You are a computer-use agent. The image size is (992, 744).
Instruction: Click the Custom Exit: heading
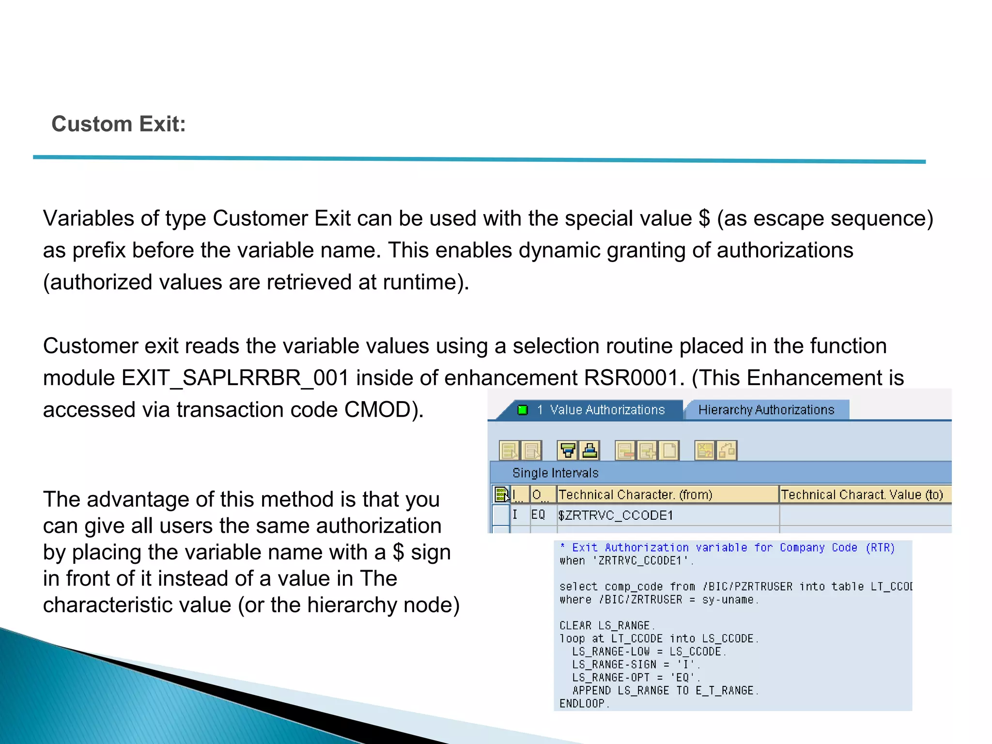click(119, 124)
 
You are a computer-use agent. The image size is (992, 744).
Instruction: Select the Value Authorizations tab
click(607, 410)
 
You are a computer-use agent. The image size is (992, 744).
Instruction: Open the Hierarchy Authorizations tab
click(766, 410)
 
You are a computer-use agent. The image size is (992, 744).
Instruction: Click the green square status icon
click(523, 410)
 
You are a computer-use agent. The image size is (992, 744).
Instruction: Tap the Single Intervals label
click(555, 473)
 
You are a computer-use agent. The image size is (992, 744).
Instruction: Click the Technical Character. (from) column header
click(635, 495)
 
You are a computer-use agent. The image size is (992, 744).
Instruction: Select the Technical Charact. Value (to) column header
click(862, 495)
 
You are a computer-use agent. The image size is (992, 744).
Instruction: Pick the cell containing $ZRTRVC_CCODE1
click(616, 515)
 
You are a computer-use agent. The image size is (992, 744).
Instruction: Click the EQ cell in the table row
click(538, 515)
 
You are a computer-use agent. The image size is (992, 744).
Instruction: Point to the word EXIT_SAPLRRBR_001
click(235, 378)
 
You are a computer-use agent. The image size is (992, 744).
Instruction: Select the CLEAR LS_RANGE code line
click(606, 625)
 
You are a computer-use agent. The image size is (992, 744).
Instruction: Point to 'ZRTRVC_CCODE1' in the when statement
click(643, 560)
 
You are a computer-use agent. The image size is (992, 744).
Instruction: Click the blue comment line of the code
click(727, 547)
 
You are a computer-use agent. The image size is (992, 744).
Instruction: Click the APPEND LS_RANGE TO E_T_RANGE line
click(665, 690)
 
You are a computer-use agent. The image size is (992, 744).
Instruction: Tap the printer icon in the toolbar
click(589, 450)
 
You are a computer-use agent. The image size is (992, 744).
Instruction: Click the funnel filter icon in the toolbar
click(568, 450)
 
